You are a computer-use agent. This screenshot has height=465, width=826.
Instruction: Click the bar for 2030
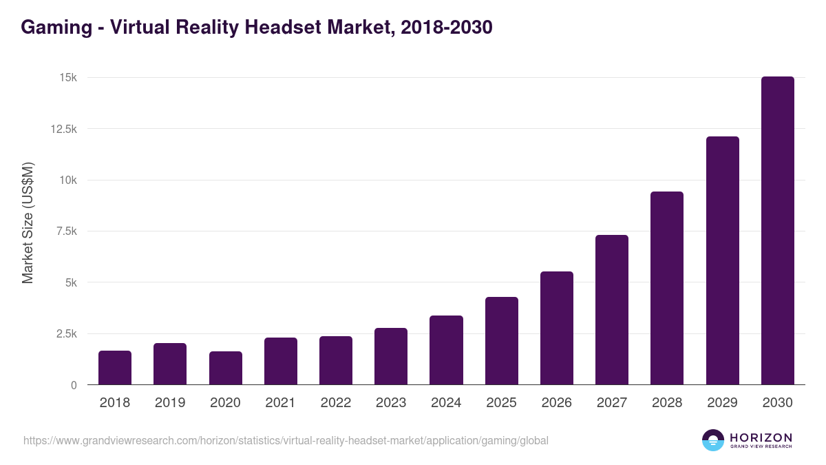(777, 231)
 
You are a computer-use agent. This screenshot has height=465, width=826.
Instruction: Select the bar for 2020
(226, 368)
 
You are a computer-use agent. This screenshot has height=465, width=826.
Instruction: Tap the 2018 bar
(115, 368)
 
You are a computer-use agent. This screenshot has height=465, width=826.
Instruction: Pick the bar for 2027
(612, 310)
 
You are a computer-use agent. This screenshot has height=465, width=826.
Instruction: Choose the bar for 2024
(446, 350)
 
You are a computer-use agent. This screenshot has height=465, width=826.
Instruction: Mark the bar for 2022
(336, 360)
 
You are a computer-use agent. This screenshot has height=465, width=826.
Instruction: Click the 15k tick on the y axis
(67, 78)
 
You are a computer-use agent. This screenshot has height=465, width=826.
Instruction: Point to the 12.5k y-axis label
(63, 129)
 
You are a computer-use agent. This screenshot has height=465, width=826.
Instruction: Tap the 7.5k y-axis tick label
(65, 231)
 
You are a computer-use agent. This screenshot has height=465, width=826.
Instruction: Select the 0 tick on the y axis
(74, 385)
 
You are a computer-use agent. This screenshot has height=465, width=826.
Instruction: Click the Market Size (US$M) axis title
(28, 223)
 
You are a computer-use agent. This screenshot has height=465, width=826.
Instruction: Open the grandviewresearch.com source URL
(286, 440)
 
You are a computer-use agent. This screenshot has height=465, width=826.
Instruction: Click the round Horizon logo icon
(713, 440)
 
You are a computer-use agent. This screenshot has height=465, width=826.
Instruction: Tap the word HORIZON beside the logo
(761, 437)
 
